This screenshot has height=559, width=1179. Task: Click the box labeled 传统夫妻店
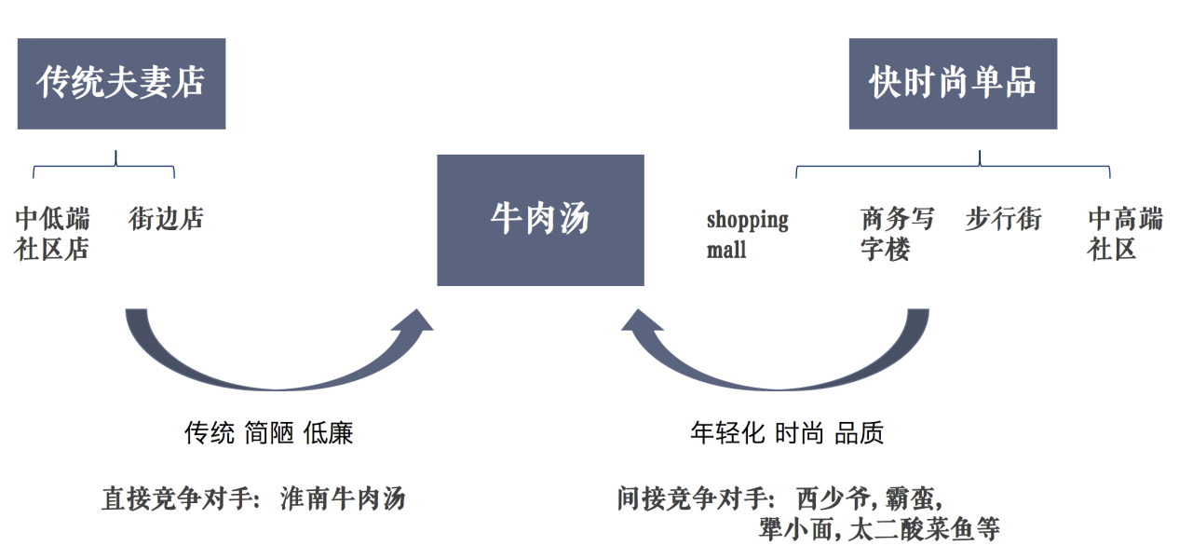(x=121, y=83)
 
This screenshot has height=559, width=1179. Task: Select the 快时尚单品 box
(x=952, y=83)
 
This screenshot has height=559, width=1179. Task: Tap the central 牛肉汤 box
(x=540, y=220)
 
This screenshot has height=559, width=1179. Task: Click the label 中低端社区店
(x=53, y=234)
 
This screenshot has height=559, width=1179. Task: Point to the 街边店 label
(x=166, y=219)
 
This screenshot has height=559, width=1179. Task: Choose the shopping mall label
(x=747, y=234)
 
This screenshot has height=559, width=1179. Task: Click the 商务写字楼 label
(x=897, y=234)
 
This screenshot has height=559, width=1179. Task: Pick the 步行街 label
(x=1003, y=219)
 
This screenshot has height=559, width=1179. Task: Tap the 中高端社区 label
(x=1125, y=234)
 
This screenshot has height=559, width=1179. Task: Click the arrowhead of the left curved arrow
(x=411, y=322)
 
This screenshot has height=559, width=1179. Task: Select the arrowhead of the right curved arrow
(x=643, y=322)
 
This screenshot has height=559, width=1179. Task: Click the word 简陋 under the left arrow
(x=269, y=433)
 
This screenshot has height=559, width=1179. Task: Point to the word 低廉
(x=329, y=433)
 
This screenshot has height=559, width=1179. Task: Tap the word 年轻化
(x=727, y=433)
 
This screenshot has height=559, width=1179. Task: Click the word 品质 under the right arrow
(x=859, y=433)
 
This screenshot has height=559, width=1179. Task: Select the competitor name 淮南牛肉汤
(x=343, y=498)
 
